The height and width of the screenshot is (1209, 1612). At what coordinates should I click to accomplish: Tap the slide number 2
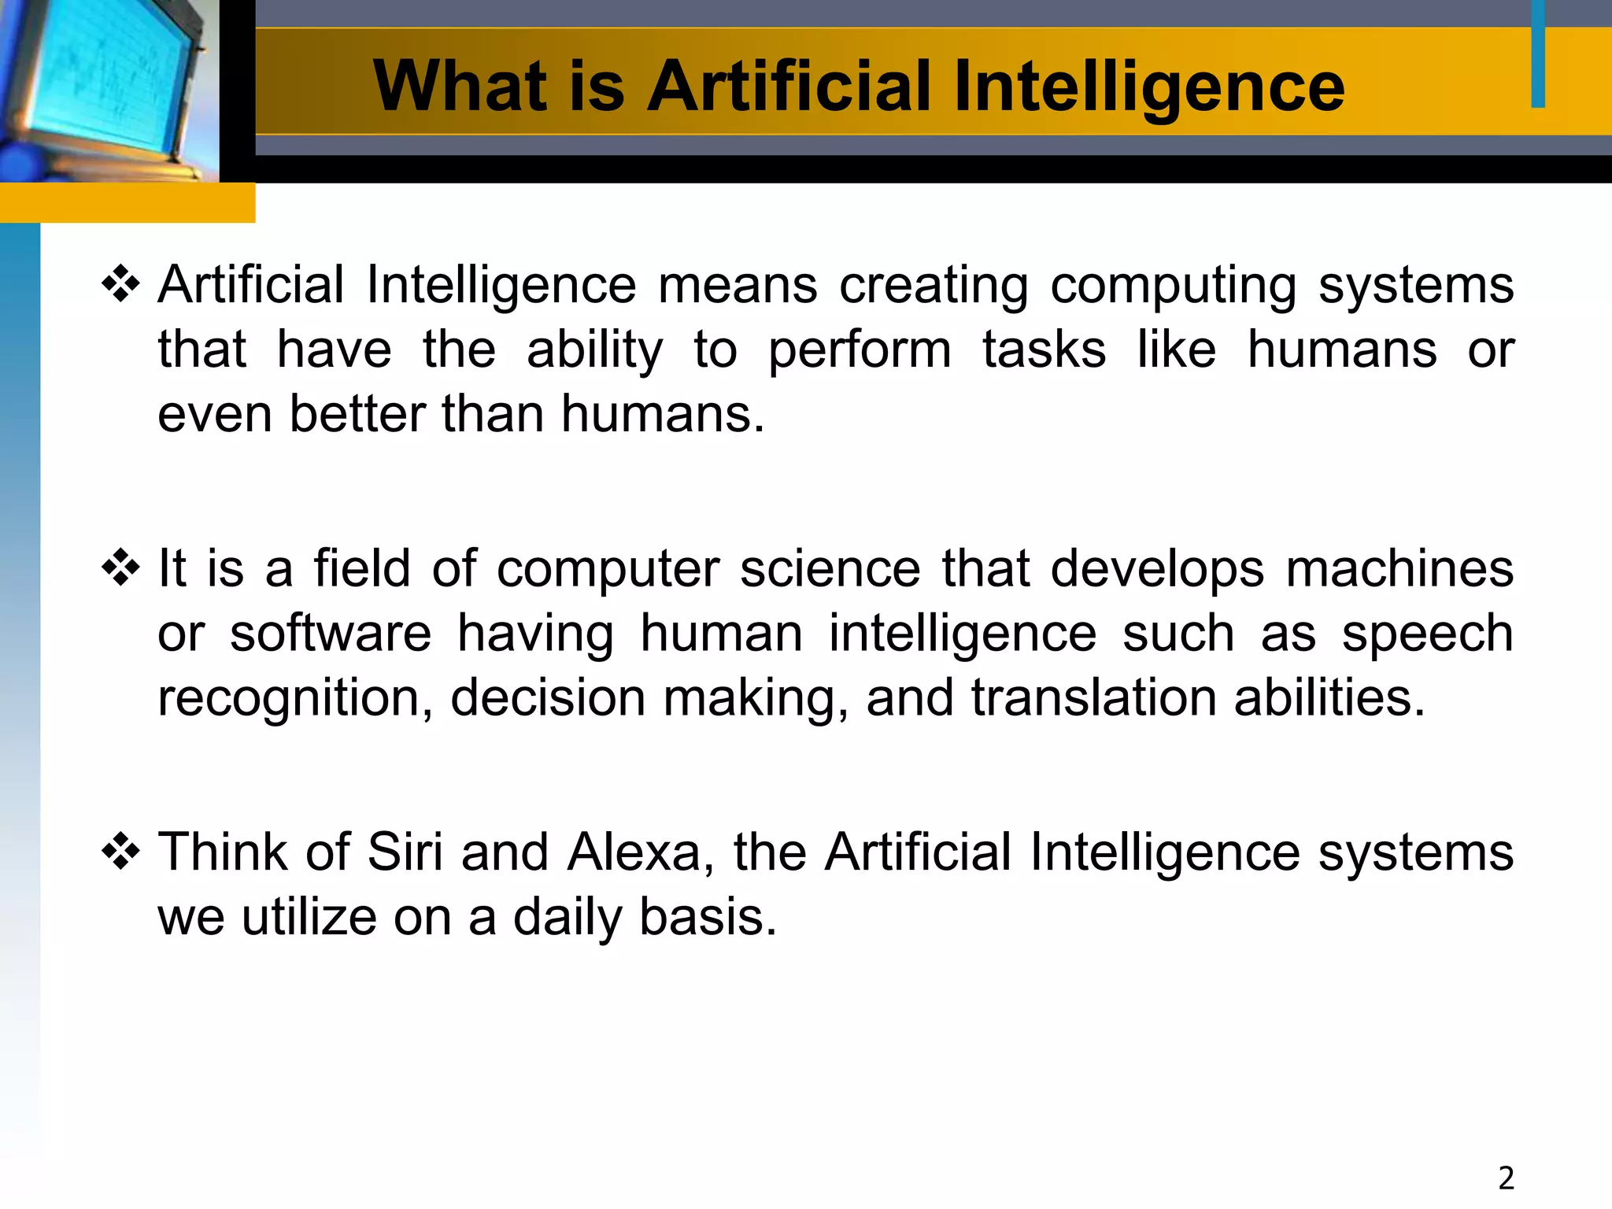[1506, 1178]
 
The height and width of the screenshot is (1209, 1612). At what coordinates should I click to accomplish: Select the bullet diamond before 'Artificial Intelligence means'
[120, 284]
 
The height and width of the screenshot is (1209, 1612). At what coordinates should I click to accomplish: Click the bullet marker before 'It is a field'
[120, 568]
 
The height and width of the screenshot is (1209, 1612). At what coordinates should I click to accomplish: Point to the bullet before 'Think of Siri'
[120, 852]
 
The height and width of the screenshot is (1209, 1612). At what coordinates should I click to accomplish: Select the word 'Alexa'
[634, 852]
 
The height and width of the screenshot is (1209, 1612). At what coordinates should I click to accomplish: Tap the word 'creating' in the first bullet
[934, 285]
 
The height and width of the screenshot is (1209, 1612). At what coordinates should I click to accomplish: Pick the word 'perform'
[860, 349]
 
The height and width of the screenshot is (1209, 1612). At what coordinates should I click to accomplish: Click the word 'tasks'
[1044, 349]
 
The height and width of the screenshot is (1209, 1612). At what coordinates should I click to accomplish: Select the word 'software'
[331, 633]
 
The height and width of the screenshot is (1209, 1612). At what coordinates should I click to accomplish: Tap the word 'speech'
[1427, 633]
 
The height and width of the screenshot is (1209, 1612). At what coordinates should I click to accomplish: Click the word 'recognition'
[294, 699]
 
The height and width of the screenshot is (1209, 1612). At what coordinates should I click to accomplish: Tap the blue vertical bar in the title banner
[1538, 54]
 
